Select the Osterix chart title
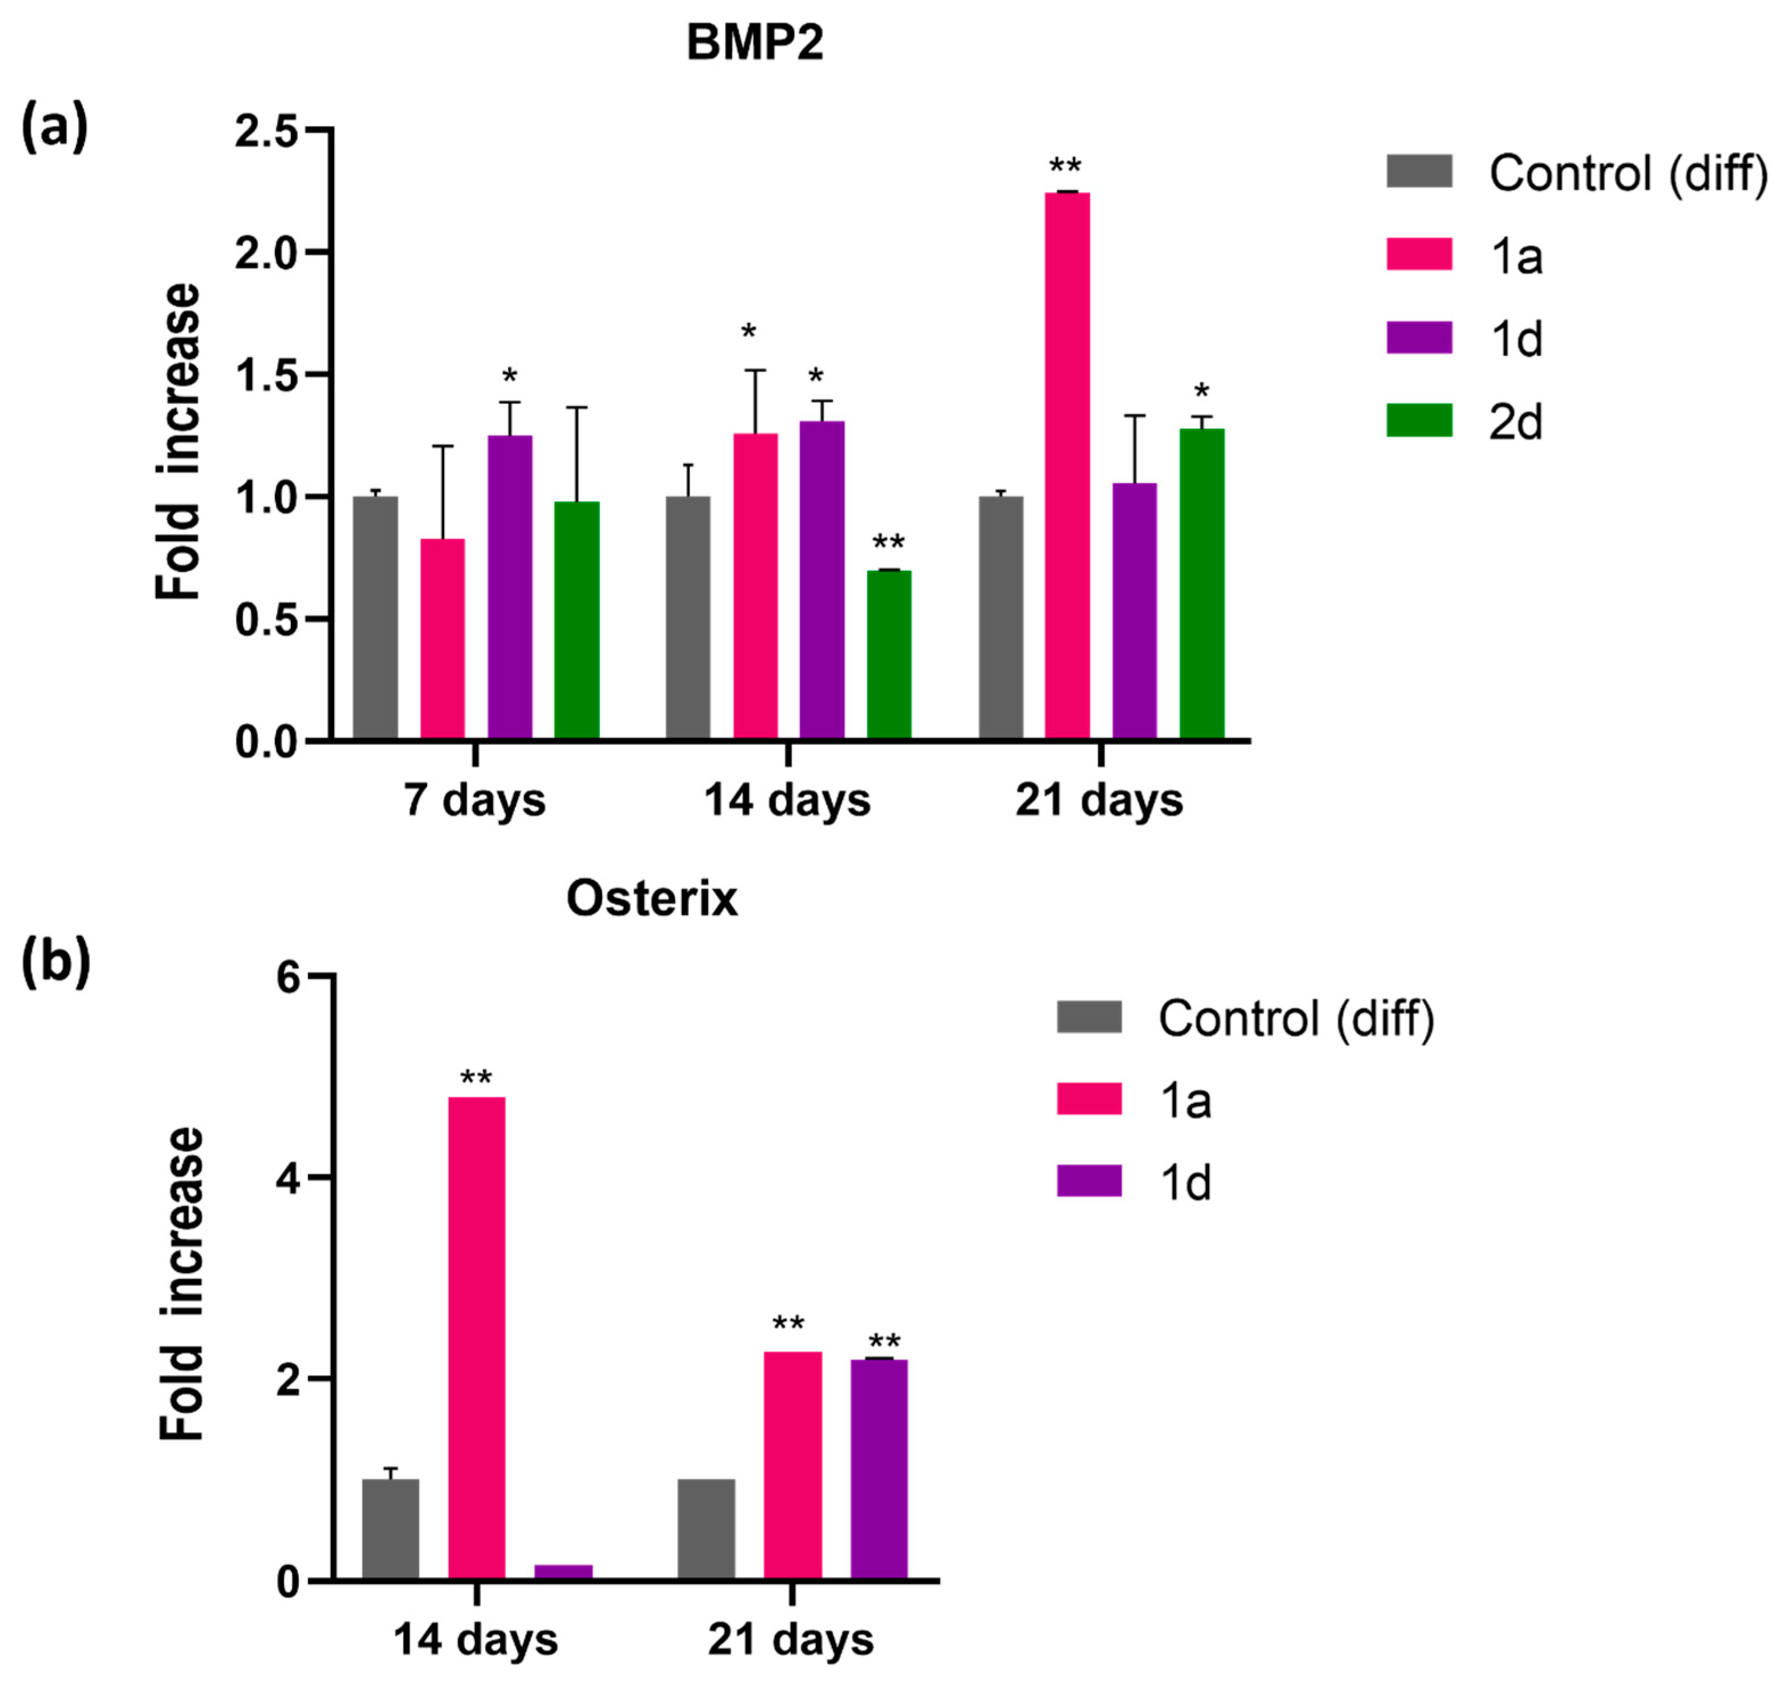pyautogui.click(x=652, y=898)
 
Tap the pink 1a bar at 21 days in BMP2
pyautogui.click(x=1067, y=466)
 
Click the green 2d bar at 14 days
pyautogui.click(x=889, y=655)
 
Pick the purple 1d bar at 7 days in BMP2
pyautogui.click(x=510, y=588)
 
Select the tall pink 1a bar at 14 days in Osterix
pyautogui.click(x=476, y=1338)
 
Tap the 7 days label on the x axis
pyautogui.click(x=474, y=800)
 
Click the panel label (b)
pyautogui.click(x=55, y=961)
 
